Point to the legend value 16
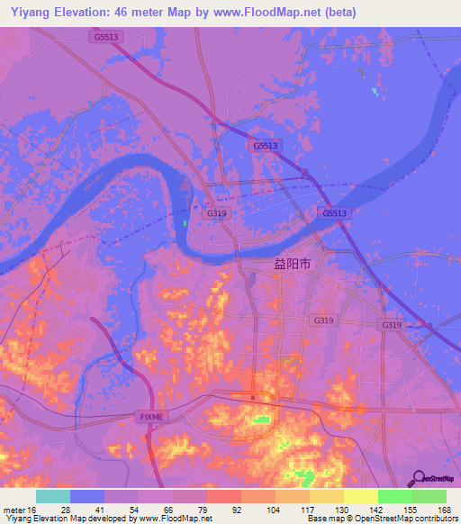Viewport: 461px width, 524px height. coord(32,510)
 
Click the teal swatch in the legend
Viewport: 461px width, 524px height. coord(53,496)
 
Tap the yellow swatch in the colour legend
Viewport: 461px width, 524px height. coord(361,496)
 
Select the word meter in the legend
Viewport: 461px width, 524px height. coord(13,510)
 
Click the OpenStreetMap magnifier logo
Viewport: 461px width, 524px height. coord(420,479)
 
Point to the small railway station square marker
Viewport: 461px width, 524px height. coord(254,397)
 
